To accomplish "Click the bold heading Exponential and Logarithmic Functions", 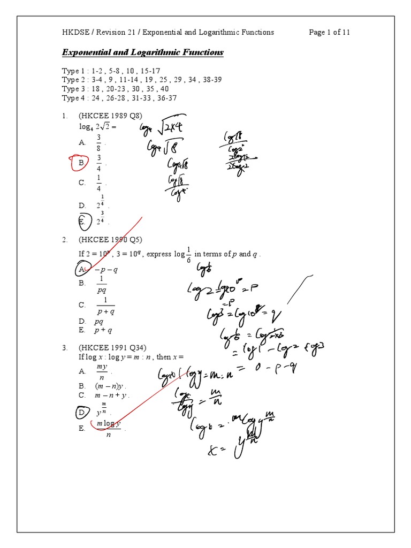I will point(143,52).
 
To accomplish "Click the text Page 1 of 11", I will point(329,32).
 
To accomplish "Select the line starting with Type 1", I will point(111,71).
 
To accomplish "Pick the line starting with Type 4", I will point(119,98).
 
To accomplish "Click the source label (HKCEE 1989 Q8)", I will point(110,116).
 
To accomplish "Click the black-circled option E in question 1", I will point(82,220).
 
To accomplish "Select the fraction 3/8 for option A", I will point(98,143).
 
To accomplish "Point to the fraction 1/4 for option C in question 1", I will point(98,182).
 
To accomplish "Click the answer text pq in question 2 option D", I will point(98,322).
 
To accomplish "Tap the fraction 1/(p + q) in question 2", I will point(105,306).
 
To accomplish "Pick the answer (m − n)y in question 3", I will point(110,386).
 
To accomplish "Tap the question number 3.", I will point(64,347).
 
